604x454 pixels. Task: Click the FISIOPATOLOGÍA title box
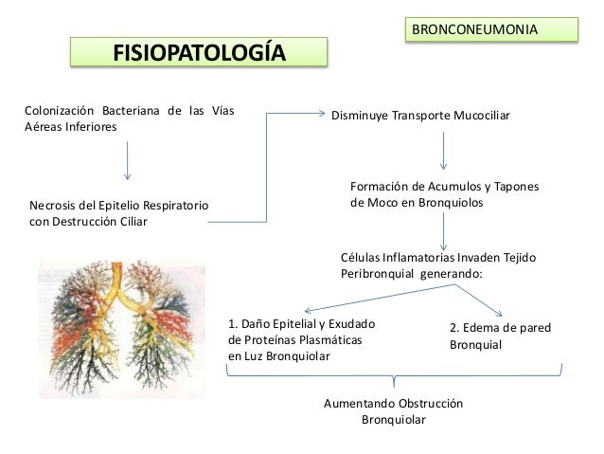(x=198, y=51)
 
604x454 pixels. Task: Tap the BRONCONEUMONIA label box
(x=490, y=30)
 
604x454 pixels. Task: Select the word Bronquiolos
(x=451, y=204)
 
